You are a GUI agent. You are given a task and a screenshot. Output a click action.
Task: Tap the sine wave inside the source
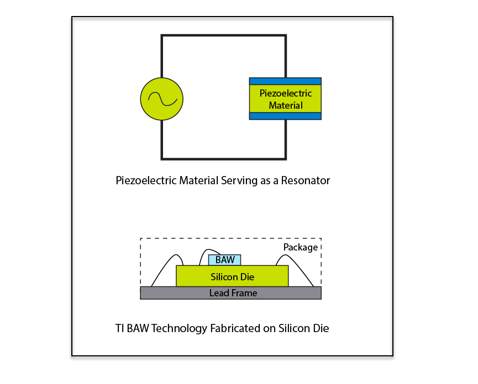161,99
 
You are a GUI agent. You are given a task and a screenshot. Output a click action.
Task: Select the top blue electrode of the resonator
285,81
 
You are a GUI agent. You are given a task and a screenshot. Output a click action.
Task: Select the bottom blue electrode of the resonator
285,116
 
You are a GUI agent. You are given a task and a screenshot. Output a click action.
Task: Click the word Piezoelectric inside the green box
285,93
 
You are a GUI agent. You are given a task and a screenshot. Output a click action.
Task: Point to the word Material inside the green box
285,105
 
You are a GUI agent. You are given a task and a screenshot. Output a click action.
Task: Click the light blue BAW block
224,260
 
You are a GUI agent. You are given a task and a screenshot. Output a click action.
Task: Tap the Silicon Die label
232,276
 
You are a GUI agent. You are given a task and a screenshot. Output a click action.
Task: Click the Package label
300,247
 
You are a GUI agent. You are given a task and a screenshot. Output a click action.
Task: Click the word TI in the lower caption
119,328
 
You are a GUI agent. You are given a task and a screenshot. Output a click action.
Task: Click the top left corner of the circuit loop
162,36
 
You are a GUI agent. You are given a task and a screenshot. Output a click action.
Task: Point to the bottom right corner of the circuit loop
285,158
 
